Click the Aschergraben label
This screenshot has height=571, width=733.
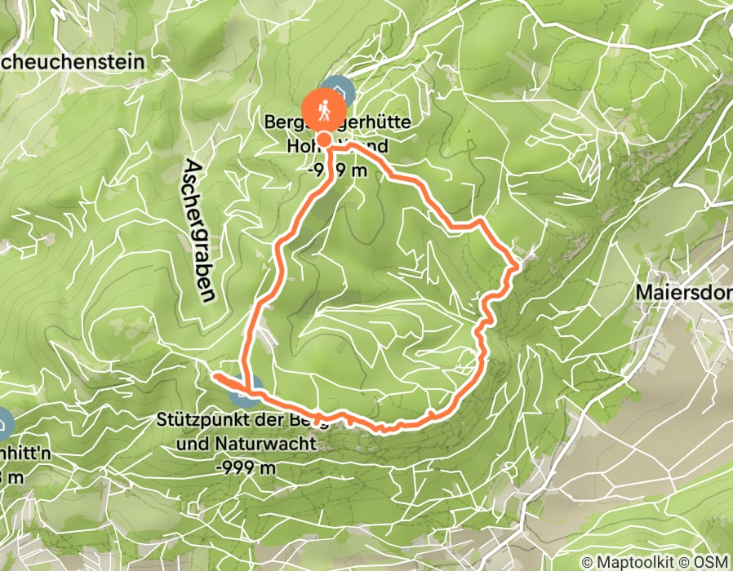click(198, 231)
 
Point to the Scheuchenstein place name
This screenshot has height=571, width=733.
click(72, 61)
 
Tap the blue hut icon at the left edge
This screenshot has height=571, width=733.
click(3, 424)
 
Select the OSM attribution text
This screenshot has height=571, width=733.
click(713, 562)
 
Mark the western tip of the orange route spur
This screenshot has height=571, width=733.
click(216, 376)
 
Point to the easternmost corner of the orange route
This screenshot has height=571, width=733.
click(518, 263)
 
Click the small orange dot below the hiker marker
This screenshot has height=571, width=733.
click(324, 140)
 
